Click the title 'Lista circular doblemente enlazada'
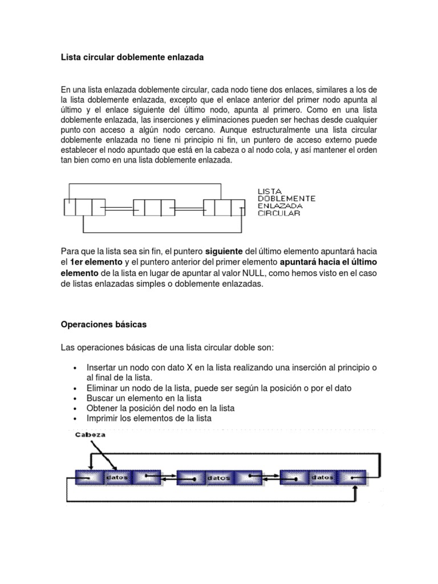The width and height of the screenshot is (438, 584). [132, 58]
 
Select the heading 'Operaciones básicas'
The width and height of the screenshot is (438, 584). [103, 325]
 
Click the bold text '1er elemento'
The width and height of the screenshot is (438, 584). [96, 262]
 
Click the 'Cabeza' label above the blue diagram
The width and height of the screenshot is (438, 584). [90, 435]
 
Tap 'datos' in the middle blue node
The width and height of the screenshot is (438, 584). [219, 479]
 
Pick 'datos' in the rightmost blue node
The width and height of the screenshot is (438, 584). [322, 477]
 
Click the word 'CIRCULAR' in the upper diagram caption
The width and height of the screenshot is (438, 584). [279, 213]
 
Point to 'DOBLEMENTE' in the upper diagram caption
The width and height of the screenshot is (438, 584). [286, 198]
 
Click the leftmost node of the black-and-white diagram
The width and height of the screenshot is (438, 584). [84, 208]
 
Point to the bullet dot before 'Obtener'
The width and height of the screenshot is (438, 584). [75, 409]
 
